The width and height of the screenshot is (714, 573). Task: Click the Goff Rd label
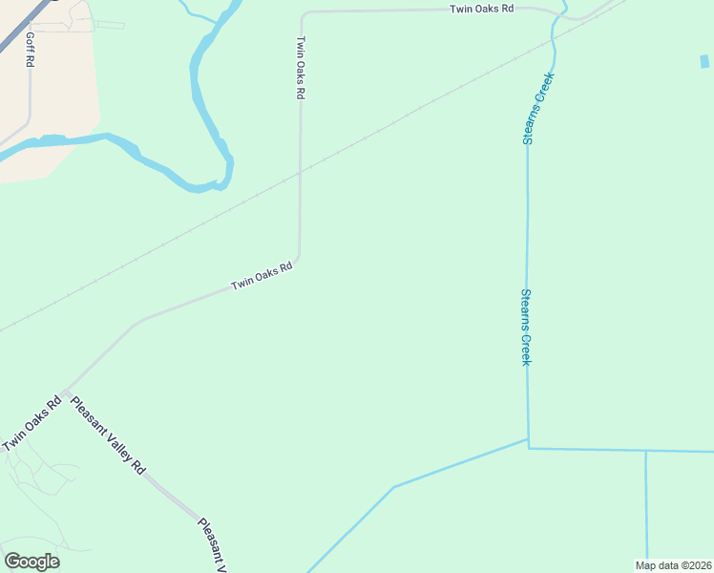click(31, 49)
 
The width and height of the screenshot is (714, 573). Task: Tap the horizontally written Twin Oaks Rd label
click(482, 8)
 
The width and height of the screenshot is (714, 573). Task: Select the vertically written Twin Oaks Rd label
click(301, 68)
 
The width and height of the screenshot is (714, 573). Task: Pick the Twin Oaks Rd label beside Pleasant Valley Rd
click(31, 423)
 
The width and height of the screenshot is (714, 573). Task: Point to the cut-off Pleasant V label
click(213, 545)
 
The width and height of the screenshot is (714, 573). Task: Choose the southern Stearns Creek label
click(525, 327)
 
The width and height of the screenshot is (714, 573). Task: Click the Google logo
click(31, 561)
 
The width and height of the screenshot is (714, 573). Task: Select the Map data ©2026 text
click(673, 565)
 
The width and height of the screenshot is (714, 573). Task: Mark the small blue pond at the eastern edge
click(704, 62)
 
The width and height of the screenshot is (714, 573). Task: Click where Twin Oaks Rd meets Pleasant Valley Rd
click(65, 392)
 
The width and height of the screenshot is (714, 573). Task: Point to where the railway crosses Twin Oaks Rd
click(300, 173)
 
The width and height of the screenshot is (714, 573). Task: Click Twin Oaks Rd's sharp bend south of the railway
click(299, 256)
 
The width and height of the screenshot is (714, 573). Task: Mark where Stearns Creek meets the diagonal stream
click(528, 440)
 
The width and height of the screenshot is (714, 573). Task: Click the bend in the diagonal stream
click(393, 487)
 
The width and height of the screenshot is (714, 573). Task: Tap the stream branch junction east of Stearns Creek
click(646, 451)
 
